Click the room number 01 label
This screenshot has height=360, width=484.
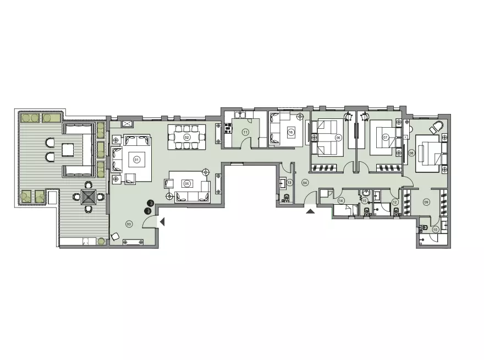coord(136,160)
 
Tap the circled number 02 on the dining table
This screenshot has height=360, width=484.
coord(186,137)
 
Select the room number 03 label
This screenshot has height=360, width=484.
coord(128,223)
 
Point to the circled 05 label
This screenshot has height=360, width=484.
coord(186,184)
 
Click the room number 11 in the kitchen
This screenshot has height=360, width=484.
coord(245,132)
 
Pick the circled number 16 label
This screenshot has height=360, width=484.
coord(290,131)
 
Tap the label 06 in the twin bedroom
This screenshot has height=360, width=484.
coord(339,138)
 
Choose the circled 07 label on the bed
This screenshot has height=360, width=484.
coord(386,137)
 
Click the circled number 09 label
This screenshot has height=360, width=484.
coord(426,201)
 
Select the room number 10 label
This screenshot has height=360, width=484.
coord(436,229)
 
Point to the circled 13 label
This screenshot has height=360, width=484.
coord(289,182)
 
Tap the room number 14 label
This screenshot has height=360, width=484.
coord(341,201)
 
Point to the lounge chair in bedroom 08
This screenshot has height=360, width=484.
coord(438,127)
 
